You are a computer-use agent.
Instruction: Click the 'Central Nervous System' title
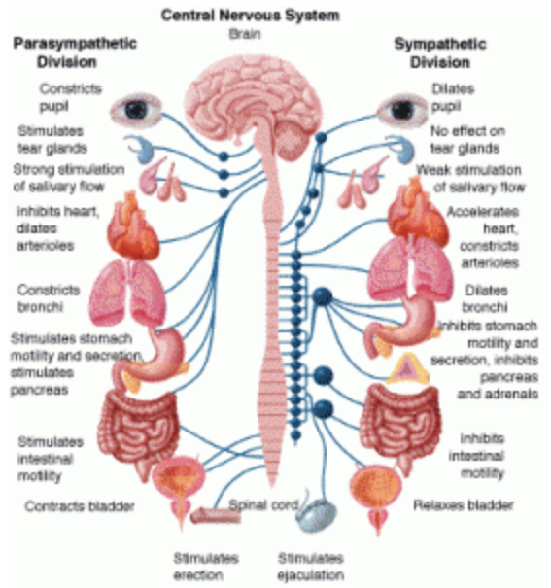(251, 16)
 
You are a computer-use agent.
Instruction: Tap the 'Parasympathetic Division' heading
(75, 52)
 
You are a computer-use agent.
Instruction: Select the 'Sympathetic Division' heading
(440, 53)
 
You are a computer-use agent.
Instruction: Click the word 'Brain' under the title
(245, 34)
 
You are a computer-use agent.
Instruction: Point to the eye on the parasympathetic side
(136, 110)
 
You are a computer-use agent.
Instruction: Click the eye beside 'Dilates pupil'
(402, 110)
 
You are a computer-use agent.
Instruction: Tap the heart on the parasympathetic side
(133, 226)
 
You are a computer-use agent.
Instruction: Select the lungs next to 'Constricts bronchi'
(128, 293)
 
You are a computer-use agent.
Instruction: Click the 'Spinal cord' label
(263, 505)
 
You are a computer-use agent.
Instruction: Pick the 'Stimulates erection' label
(206, 567)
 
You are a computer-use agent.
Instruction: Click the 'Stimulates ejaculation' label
(310, 567)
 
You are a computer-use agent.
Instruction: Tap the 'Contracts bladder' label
(80, 506)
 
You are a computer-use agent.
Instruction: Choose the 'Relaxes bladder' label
(464, 505)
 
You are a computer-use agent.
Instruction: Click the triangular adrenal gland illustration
(407, 369)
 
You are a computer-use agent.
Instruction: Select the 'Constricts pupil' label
(71, 97)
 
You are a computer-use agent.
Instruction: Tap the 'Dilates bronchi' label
(486, 299)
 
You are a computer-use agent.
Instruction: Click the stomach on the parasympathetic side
(152, 357)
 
